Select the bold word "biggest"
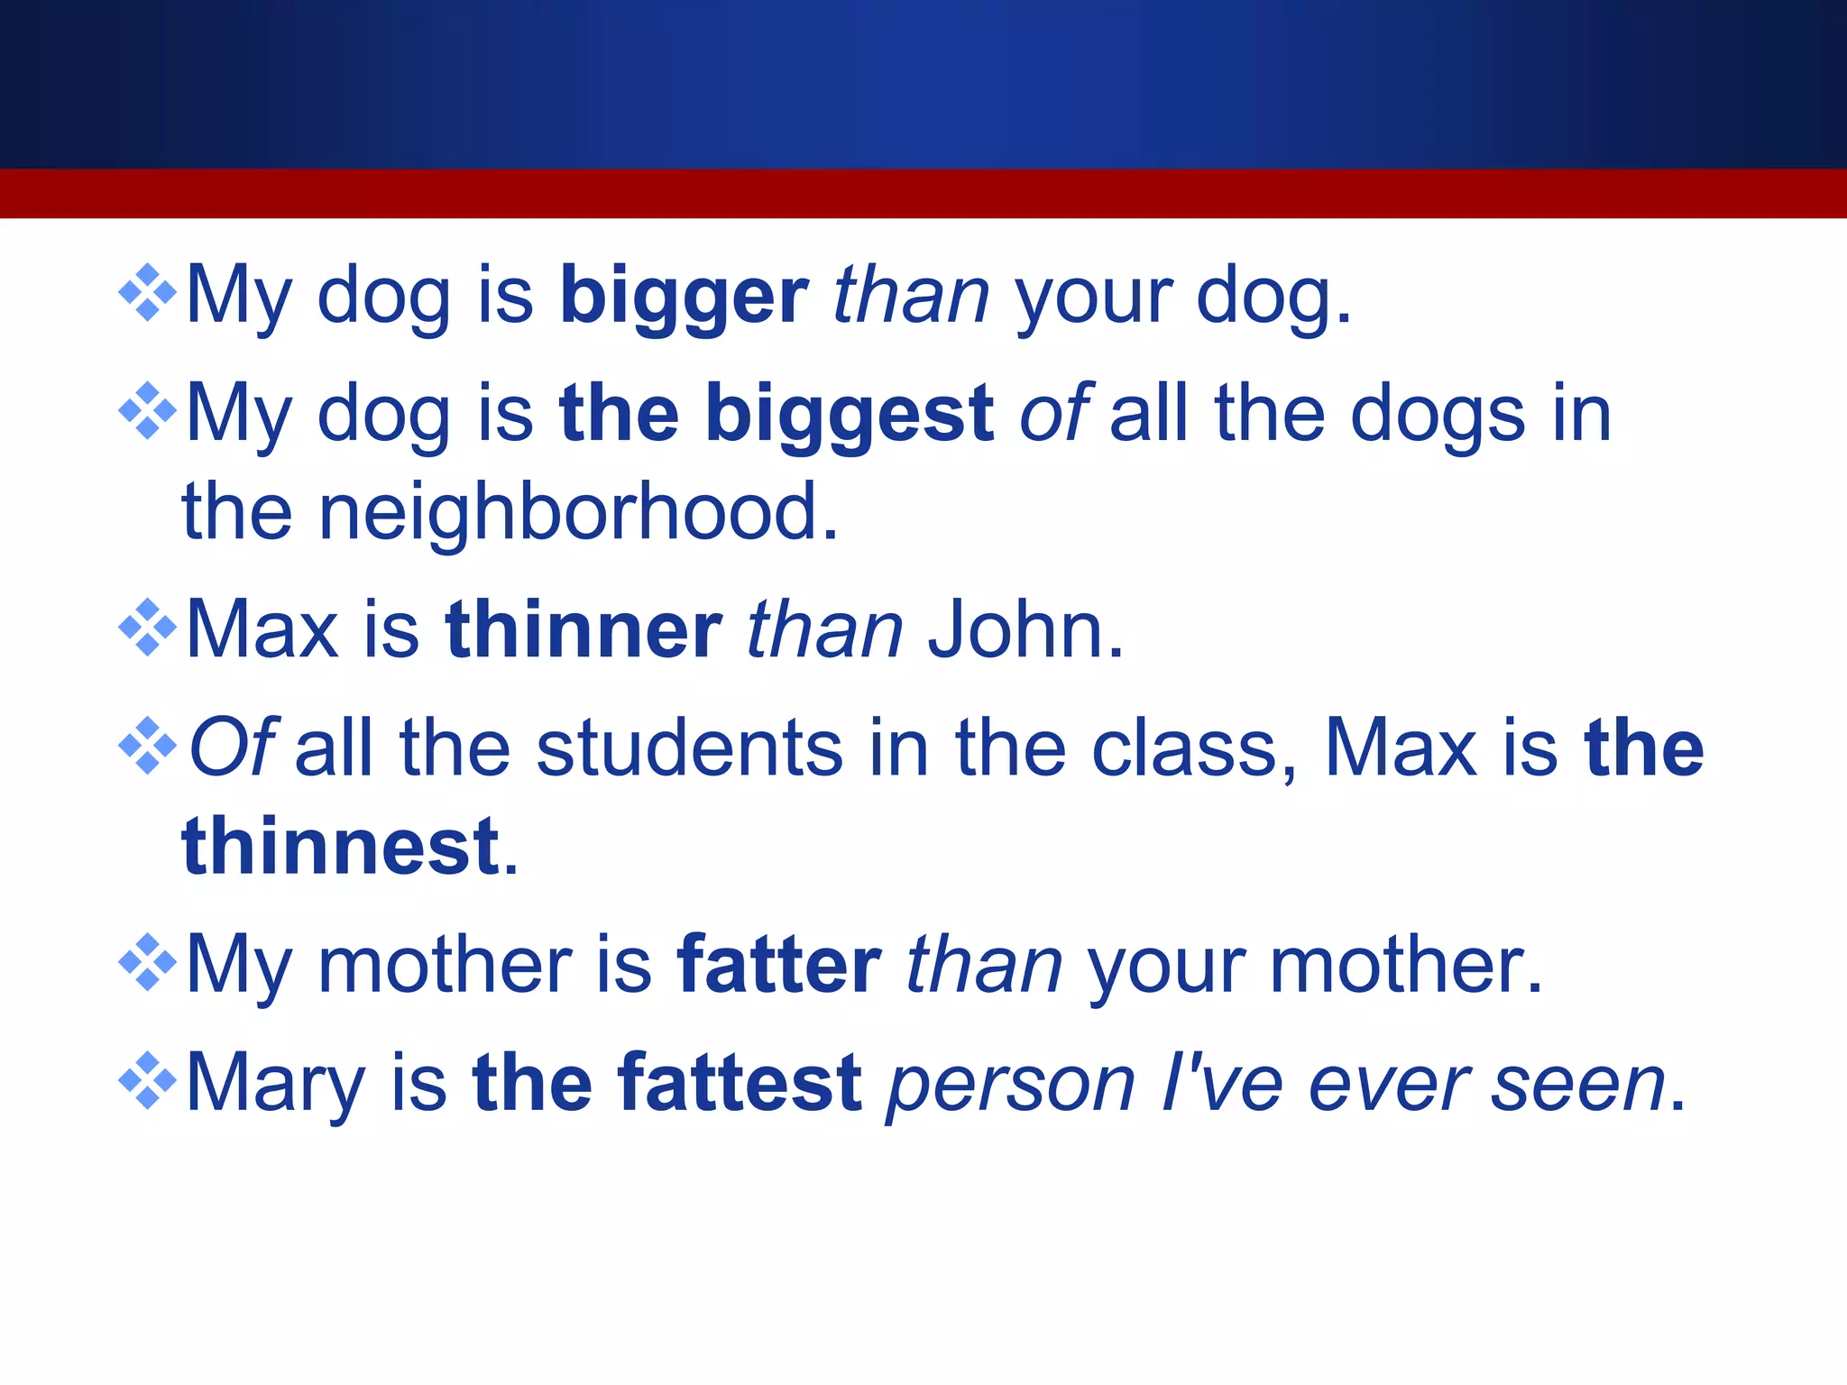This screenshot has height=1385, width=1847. coord(850,416)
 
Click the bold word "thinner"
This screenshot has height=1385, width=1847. coord(584,630)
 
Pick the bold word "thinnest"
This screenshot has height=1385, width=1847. coord(340,847)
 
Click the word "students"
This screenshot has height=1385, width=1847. coord(690,748)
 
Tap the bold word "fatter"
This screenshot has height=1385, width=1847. coord(779,966)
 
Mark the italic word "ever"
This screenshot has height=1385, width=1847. coord(1388,1085)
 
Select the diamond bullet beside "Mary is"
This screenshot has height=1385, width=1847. coord(148,1080)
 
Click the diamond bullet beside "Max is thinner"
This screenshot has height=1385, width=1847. coord(148,628)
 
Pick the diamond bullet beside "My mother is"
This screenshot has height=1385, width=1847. coord(148,963)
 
